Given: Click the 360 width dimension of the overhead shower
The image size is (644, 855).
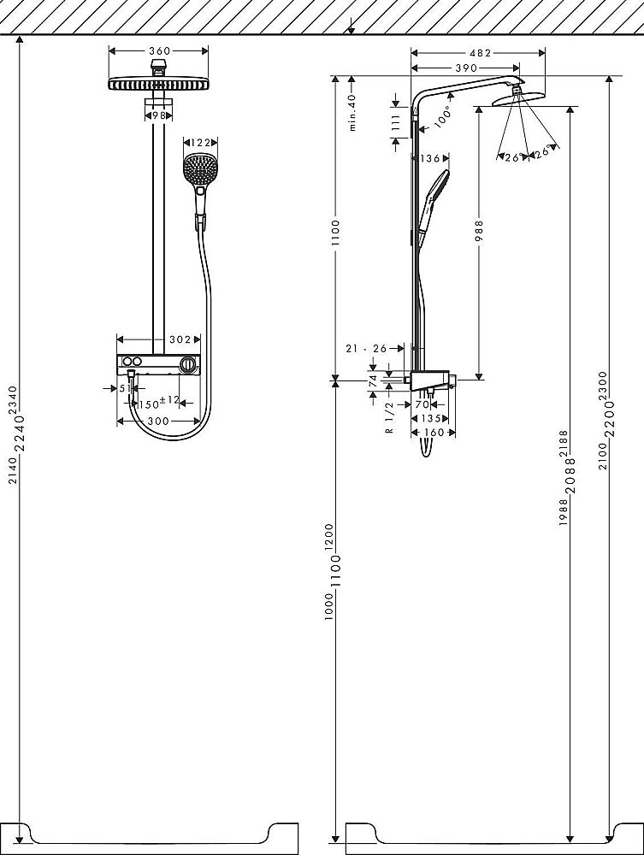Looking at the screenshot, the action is (x=159, y=51).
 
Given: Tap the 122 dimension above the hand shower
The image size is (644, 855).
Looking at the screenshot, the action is (x=201, y=143).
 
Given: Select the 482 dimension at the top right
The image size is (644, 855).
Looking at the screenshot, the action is (x=481, y=53).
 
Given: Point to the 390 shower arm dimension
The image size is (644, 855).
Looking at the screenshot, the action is (x=466, y=68).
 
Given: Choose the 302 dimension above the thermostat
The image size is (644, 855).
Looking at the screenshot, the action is (x=180, y=339).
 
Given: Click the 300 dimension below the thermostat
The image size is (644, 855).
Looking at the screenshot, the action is (x=158, y=421).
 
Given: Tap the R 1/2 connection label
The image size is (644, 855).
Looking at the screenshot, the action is (x=390, y=418).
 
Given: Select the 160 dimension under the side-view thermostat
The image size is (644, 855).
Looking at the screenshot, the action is (x=434, y=433).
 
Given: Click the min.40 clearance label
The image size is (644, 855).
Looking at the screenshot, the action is (x=352, y=112).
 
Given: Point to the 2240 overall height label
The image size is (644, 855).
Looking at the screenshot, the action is (x=19, y=433).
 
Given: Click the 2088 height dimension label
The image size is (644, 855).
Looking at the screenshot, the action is (x=570, y=476).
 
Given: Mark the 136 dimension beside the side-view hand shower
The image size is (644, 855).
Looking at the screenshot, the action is (x=429, y=159).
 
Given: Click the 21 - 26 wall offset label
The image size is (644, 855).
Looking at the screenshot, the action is (x=366, y=349).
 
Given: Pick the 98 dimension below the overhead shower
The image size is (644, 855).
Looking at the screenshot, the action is (x=159, y=115).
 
